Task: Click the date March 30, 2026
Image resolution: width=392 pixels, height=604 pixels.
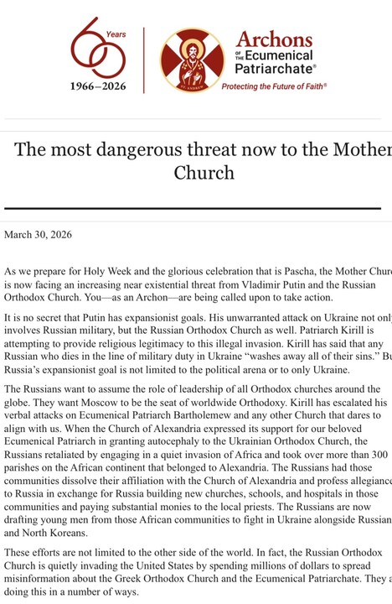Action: pyautogui.click(x=38, y=234)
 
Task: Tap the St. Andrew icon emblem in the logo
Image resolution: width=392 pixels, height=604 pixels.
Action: pyautogui.click(x=192, y=60)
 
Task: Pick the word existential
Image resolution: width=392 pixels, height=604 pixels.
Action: pyautogui.click(x=168, y=285)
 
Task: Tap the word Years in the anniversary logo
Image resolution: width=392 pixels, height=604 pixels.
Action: pyautogui.click(x=116, y=35)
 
